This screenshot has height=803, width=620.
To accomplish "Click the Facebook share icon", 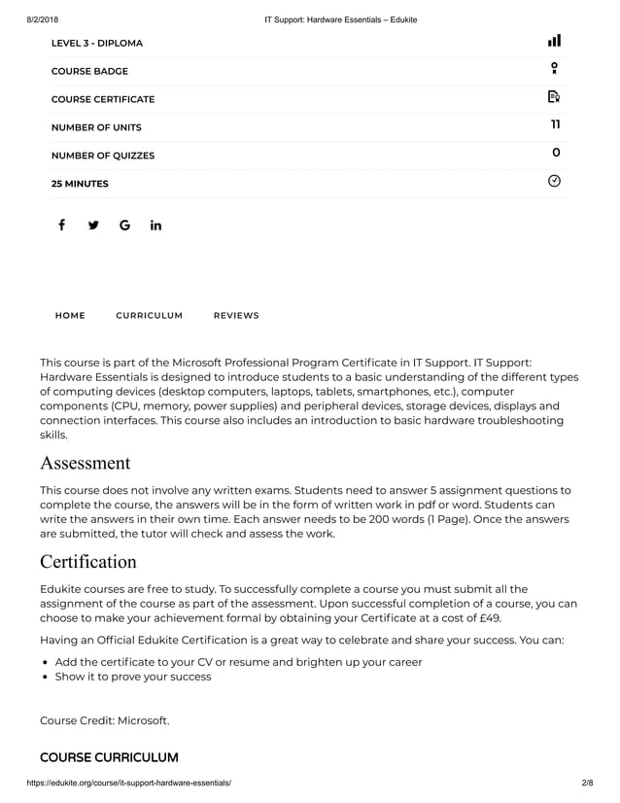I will click(x=61, y=226).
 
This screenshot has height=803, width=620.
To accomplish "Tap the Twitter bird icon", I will click(x=93, y=226).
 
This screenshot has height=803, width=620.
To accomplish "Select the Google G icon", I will click(x=124, y=226).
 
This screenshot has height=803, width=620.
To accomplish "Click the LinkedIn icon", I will click(x=155, y=226).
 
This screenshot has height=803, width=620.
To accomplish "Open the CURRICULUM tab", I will click(x=149, y=316).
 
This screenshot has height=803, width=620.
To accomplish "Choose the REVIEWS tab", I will click(x=236, y=316).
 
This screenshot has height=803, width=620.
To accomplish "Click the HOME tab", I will click(x=70, y=316).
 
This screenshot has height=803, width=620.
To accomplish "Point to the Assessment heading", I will click(x=85, y=462).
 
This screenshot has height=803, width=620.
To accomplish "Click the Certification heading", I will click(x=88, y=562).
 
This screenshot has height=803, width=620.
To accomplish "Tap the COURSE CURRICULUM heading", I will click(x=109, y=757).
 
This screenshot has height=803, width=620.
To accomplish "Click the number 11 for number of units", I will click(x=555, y=125).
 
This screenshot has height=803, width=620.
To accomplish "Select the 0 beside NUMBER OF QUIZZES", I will click(x=555, y=154).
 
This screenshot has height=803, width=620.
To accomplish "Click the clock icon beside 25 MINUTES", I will click(x=554, y=181).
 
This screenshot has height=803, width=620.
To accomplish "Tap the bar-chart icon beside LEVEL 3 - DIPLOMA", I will click(x=554, y=41).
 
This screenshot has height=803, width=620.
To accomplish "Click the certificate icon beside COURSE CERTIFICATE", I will click(x=554, y=96).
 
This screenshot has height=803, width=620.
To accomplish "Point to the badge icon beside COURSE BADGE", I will click(x=554, y=68).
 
